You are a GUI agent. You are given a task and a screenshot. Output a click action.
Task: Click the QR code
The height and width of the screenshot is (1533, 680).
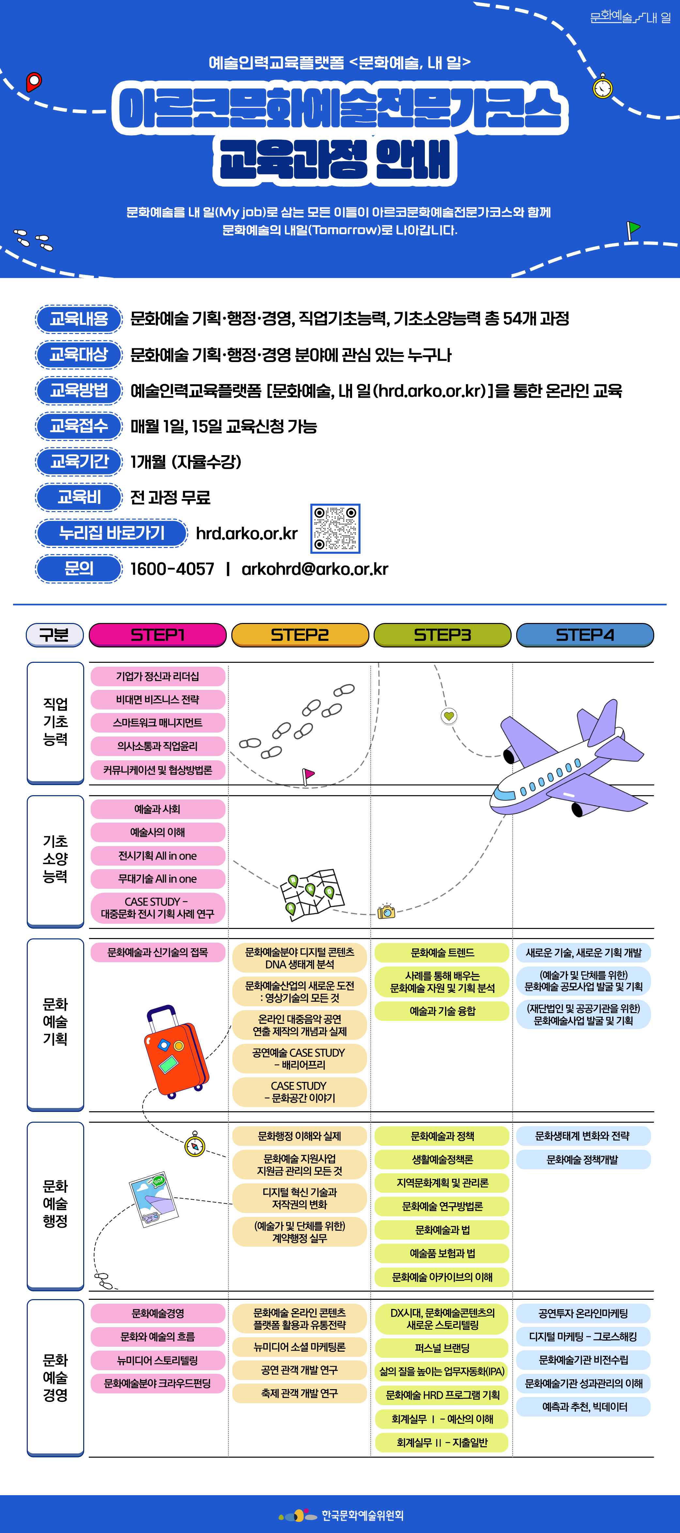point(335,528)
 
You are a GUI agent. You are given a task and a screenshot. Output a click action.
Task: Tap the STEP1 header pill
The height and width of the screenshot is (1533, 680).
point(158,635)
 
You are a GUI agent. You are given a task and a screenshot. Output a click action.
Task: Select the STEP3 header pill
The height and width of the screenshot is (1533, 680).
point(442,635)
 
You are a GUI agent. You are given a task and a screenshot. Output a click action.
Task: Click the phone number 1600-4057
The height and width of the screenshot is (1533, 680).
point(172,569)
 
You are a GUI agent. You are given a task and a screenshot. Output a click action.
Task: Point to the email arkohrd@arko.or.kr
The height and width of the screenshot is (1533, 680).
point(315,569)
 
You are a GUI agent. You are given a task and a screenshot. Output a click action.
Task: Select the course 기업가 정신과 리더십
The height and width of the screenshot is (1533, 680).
point(158,676)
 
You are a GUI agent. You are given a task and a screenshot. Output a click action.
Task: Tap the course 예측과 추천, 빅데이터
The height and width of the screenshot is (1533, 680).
point(583,1407)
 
